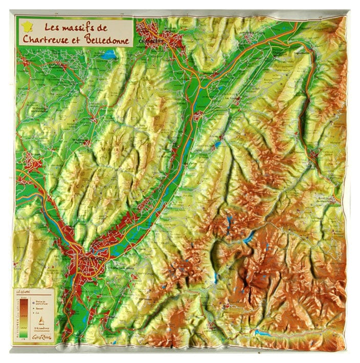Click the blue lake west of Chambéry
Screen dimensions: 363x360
tap(109, 53)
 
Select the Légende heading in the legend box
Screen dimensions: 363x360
tap(24, 292)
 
